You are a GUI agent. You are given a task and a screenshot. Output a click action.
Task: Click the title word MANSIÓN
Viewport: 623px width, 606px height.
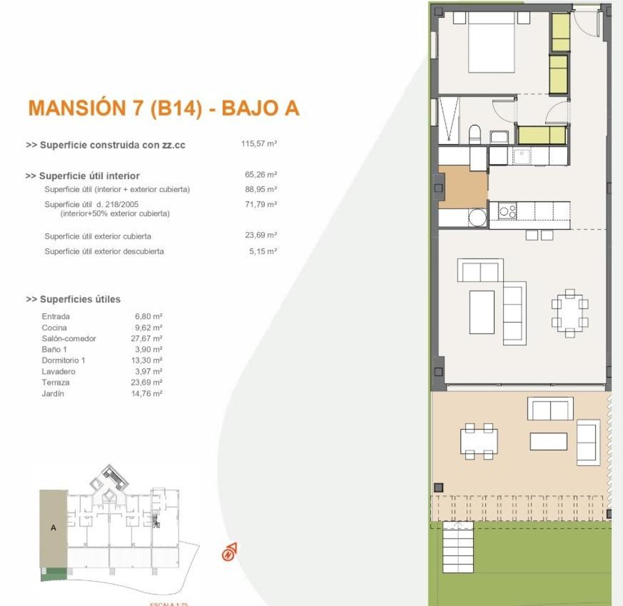(77, 108)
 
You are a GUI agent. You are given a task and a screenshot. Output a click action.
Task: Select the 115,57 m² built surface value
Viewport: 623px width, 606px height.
(259, 144)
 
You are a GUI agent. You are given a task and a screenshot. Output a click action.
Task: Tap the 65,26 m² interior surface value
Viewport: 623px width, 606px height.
(261, 175)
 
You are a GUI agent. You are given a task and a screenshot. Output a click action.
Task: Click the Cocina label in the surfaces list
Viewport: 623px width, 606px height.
(54, 328)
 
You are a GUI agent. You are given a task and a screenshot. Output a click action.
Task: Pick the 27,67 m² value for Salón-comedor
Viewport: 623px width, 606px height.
(146, 339)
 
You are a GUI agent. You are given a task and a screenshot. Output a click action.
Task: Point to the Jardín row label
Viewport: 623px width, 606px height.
(53, 394)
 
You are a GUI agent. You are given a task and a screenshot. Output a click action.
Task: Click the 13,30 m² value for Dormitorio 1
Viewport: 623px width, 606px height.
(146, 360)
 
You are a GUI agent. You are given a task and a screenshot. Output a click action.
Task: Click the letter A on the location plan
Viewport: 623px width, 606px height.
(53, 528)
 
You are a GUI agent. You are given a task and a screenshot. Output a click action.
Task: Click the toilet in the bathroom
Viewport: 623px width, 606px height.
(475, 134)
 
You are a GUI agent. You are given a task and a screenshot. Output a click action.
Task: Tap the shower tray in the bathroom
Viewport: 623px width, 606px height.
(449, 120)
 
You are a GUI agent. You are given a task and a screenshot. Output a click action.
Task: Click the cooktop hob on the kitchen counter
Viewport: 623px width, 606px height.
(507, 211)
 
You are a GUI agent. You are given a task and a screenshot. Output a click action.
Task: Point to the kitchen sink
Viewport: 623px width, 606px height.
(521, 156)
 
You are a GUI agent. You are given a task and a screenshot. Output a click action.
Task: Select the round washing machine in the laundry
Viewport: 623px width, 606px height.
(477, 217)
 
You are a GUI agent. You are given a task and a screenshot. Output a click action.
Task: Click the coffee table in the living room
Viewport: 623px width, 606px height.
(482, 312)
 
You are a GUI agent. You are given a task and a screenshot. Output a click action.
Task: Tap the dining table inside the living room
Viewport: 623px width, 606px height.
(570, 314)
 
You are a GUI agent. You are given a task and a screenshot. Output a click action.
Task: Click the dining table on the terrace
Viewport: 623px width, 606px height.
(479, 441)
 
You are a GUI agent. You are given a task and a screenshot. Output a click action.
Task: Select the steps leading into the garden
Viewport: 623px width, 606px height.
(458, 548)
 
